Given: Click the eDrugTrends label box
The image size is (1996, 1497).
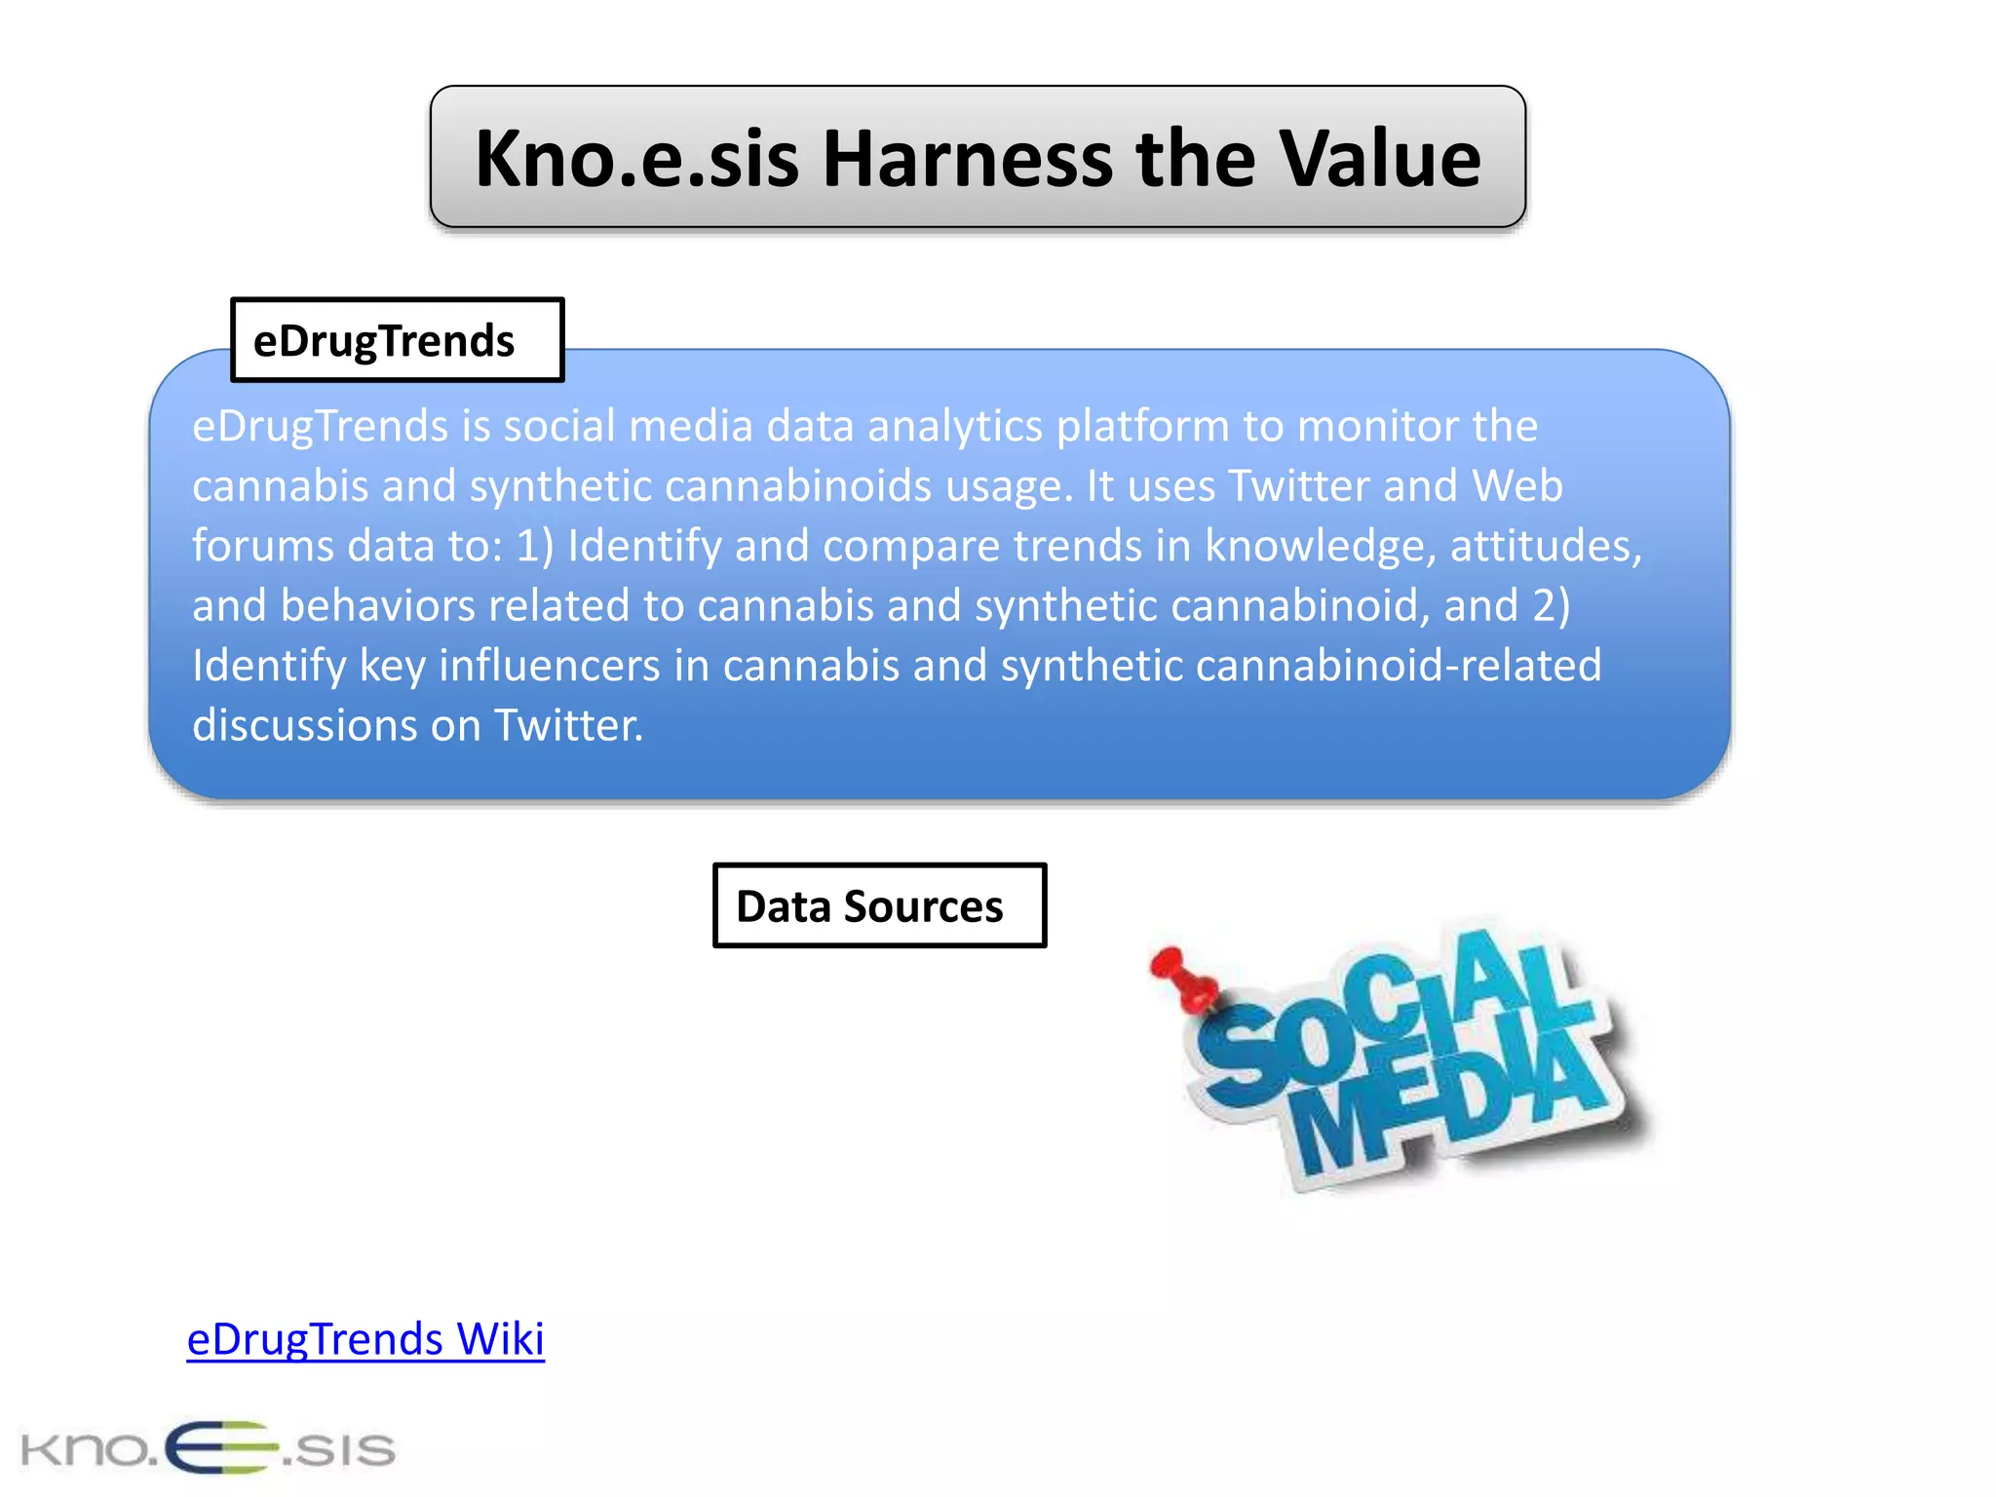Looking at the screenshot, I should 397,340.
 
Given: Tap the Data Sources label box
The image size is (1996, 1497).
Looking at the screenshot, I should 879,905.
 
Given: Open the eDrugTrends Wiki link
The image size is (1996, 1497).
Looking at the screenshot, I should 365,1339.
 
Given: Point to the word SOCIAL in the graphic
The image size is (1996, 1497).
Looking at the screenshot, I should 1384,1014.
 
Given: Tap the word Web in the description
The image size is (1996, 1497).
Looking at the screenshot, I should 1516,485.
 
